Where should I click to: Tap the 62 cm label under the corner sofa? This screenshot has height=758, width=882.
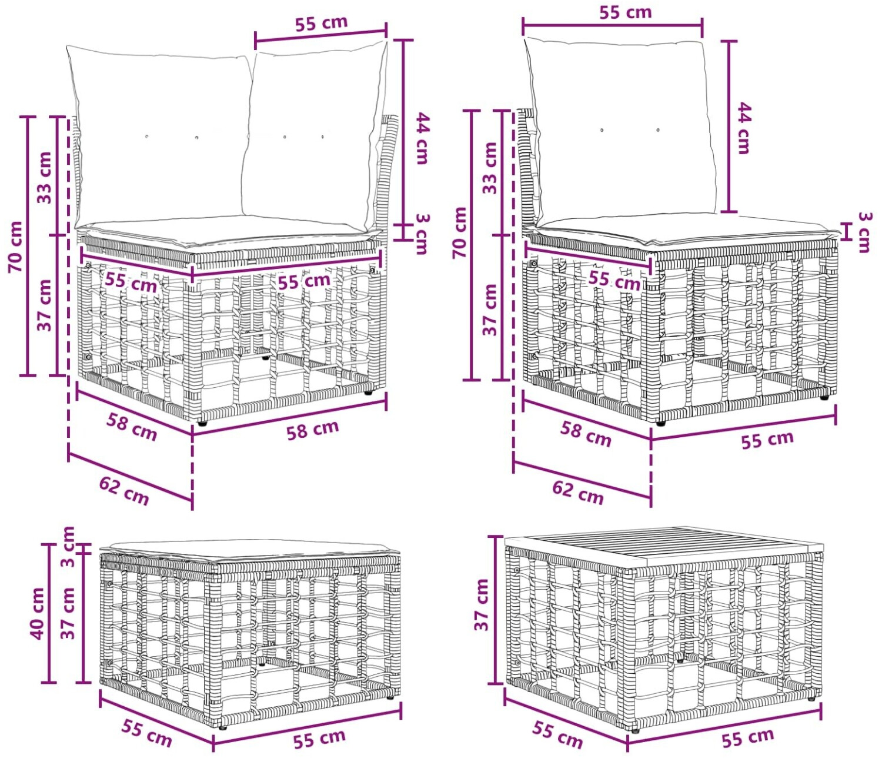(x=124, y=491)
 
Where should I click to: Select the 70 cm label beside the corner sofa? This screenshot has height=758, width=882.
(x=15, y=247)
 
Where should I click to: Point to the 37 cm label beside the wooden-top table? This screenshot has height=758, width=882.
(x=482, y=604)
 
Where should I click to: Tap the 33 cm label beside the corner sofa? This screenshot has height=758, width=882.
(x=44, y=177)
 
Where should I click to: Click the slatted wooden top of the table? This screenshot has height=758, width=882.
(x=663, y=547)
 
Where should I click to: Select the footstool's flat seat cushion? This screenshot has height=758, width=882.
(x=250, y=550)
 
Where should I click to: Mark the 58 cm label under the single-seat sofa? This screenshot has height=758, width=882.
(x=585, y=433)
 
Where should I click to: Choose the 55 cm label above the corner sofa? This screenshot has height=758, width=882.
(x=321, y=23)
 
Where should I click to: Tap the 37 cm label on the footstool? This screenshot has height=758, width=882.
(x=68, y=613)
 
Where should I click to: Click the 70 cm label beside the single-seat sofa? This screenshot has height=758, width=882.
(x=460, y=232)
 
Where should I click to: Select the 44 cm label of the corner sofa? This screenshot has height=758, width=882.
(x=422, y=138)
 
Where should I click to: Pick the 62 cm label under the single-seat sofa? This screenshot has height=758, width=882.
(x=578, y=491)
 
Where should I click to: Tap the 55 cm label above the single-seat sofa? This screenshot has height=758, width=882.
(x=626, y=12)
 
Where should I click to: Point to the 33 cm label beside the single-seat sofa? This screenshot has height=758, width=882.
(x=490, y=168)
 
